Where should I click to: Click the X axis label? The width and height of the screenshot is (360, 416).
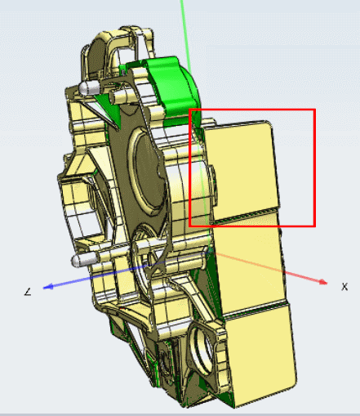pyautogui.click(x=344, y=287)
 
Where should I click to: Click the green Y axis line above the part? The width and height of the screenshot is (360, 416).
pyautogui.click(x=186, y=33)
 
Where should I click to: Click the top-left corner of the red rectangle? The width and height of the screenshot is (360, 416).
pyautogui.click(x=190, y=110)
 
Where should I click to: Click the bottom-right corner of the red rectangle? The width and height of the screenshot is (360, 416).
pyautogui.click(x=314, y=226)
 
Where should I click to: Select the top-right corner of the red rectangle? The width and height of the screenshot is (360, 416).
pyautogui.click(x=314, y=110)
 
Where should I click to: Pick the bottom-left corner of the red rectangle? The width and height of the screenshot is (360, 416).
pyautogui.click(x=190, y=226)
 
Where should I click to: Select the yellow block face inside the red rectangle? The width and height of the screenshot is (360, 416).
pyautogui.click(x=241, y=168)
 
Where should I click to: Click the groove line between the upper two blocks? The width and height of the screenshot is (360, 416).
pyautogui.click(x=245, y=213)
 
